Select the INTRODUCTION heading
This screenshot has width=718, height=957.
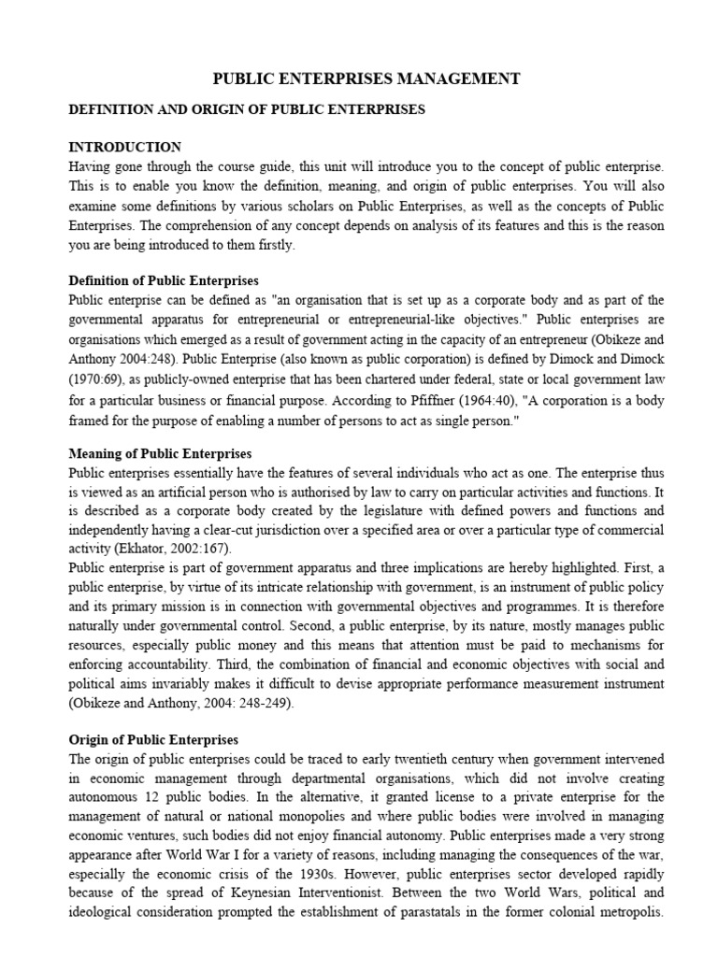click(125, 147)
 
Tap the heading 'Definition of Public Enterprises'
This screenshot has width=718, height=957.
click(164, 280)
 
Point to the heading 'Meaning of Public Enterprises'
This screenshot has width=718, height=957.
click(160, 453)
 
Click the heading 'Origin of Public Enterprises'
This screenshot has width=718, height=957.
click(154, 739)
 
